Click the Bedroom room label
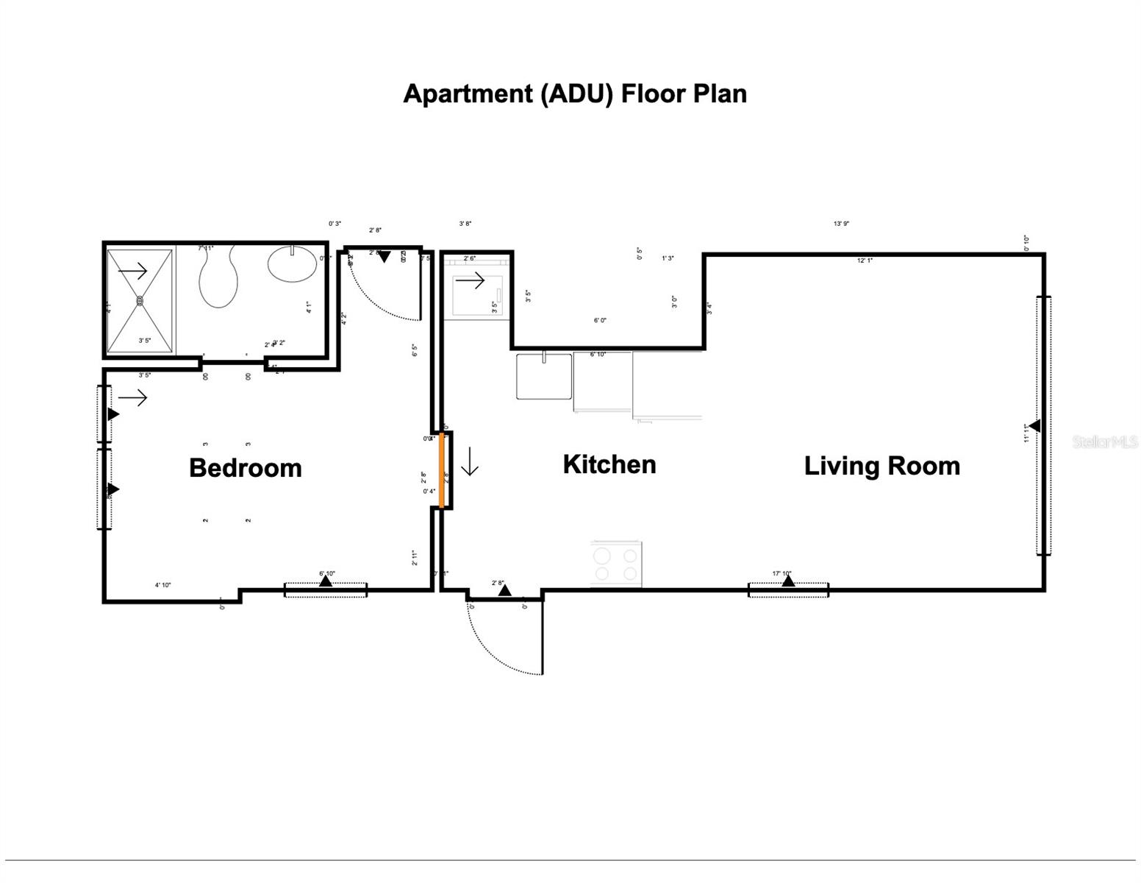[x=245, y=468]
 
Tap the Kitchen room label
[x=609, y=464]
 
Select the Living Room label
[x=881, y=466]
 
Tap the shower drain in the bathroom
[x=140, y=300]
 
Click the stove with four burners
[x=616, y=564]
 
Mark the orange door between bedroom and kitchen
[x=442, y=470]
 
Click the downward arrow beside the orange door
[x=470, y=466]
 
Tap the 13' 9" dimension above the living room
[x=841, y=224]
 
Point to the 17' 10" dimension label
[x=781, y=573]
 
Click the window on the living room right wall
[x=1043, y=425]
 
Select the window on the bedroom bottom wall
[x=326, y=589]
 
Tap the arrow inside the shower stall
[x=133, y=272]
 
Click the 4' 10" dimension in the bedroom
[x=162, y=585]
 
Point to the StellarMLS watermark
[x=1104, y=441]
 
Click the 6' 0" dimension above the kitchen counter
[x=600, y=320]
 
